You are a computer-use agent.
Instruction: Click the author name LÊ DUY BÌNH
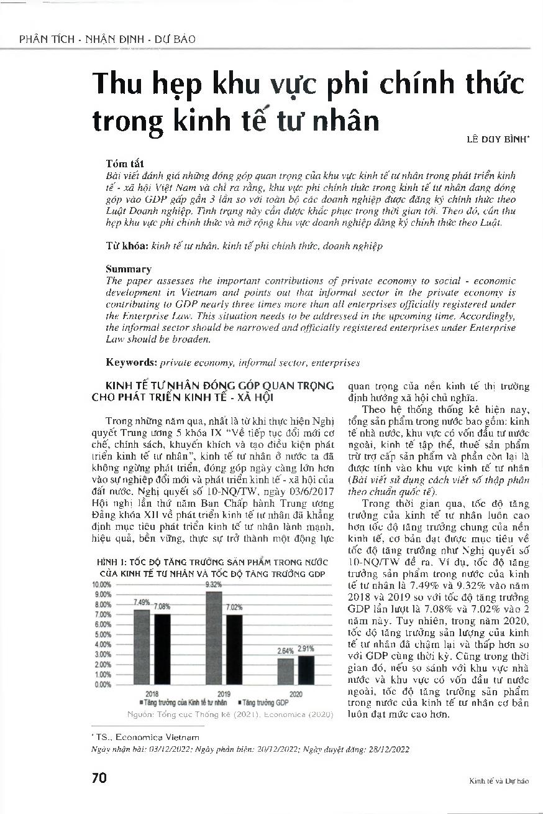(497, 141)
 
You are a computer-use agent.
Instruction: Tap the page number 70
(99, 779)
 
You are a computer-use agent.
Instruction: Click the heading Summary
(128, 269)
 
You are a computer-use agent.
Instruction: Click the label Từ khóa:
(127, 246)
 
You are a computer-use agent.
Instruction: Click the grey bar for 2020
(285, 672)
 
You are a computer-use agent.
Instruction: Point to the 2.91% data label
(306, 649)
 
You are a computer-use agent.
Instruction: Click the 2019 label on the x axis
(224, 693)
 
